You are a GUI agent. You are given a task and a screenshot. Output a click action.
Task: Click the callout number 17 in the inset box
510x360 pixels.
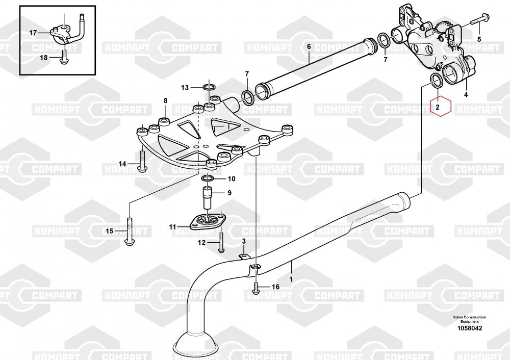click(x=33, y=33)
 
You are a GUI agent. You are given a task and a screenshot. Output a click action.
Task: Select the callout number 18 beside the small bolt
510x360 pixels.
click(x=43, y=57)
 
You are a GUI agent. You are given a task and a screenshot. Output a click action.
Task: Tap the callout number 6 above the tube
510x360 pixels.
click(x=309, y=46)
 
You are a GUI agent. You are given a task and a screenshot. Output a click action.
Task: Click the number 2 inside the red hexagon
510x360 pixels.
click(x=438, y=108)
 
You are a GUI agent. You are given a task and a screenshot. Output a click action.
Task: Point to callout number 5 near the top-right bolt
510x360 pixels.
click(x=479, y=39)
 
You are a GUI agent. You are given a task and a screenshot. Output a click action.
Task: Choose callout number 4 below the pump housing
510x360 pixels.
click(x=466, y=95)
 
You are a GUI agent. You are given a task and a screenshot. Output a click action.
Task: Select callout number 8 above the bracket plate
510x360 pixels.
click(x=165, y=100)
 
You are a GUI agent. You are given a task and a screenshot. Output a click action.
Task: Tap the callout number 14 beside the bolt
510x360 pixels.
click(x=122, y=164)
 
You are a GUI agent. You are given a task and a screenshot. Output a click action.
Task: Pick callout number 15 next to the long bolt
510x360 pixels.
click(x=109, y=232)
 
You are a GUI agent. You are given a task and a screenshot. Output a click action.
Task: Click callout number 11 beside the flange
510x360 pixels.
click(x=173, y=226)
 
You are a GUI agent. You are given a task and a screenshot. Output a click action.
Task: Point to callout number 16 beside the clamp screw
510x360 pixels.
click(x=275, y=287)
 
